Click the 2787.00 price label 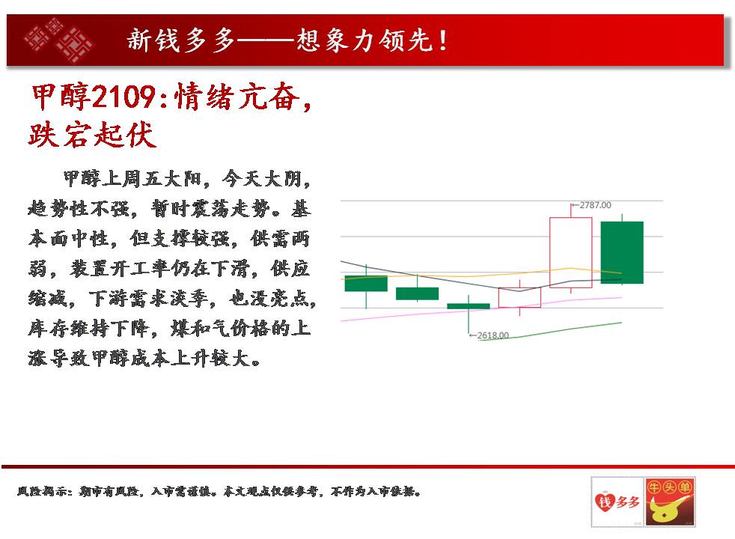pos(595,205)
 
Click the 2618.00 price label pos(492,335)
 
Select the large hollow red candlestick pos(570,252)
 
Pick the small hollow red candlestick pos(519,298)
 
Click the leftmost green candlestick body pos(366,284)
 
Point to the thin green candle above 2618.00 pos(469,306)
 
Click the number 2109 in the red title pos(123,97)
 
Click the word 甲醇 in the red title pos(61,97)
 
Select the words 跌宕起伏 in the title pos(92,135)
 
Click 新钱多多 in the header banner pos(181,40)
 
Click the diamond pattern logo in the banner pos(58,40)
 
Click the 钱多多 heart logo pos(617,502)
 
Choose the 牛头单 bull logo pos(669,502)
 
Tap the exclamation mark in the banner pos(442,40)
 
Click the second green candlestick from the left pos(417,293)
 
